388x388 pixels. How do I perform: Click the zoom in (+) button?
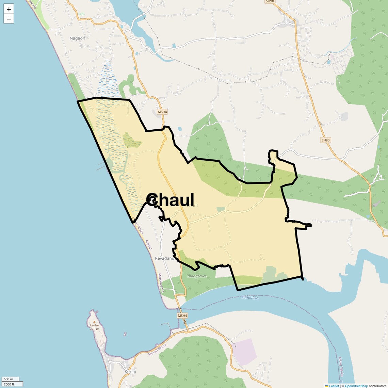pos(9,9)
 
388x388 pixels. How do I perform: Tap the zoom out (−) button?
pos(9,19)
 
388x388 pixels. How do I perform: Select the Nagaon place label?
pos(77,38)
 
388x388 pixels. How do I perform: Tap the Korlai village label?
pos(130,371)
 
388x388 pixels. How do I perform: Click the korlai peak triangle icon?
pos(94,322)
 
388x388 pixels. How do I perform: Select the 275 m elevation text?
pos(94,329)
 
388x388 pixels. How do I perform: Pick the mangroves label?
pos(197,276)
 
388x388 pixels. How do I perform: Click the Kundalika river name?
pos(250,298)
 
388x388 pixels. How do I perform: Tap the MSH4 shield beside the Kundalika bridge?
pos(182,316)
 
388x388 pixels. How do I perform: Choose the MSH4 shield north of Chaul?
pos(162,112)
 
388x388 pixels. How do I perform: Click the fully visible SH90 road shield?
pos(326,140)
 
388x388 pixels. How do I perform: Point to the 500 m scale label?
pos(8,379)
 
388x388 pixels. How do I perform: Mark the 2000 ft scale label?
pos(9,384)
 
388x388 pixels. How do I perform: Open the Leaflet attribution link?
pos(334,386)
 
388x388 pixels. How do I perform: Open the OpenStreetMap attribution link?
pos(356,386)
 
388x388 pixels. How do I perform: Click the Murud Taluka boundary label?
pos(157,350)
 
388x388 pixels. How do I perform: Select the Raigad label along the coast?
pos(148,245)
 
